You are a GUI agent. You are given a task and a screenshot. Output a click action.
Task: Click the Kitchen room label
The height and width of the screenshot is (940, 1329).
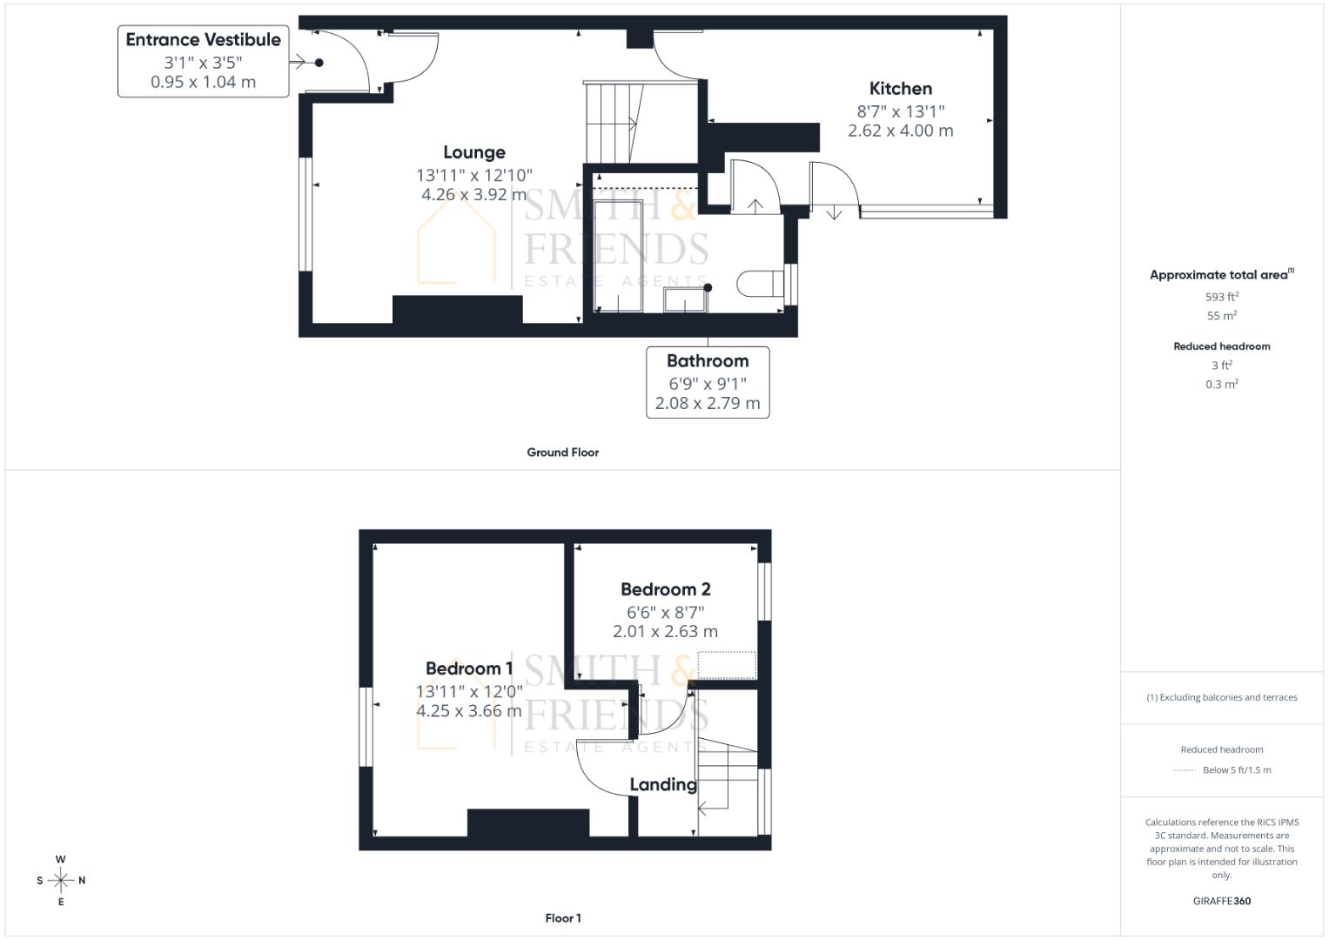[900, 89]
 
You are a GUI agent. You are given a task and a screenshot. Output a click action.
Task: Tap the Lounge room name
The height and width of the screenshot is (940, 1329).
[474, 152]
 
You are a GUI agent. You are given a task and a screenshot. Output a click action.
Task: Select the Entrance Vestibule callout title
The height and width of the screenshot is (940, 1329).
[203, 40]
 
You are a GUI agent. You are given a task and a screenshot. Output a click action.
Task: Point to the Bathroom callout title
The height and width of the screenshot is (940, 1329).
[708, 361]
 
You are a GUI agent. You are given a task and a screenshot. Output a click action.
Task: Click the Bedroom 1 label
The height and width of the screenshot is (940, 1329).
[469, 668]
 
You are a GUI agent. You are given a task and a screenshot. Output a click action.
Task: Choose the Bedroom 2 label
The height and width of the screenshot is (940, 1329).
[665, 589]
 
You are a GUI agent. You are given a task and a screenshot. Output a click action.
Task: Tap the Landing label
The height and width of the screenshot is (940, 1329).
[662, 784]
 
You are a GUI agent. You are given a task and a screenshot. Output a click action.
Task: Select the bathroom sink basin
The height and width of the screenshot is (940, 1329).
[686, 299]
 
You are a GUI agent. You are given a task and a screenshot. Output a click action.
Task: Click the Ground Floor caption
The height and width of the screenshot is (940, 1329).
[562, 453]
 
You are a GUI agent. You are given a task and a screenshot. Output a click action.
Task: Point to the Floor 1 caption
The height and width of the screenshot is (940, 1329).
[562, 918]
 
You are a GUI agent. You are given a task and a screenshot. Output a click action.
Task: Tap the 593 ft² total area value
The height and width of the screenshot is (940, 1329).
[1221, 296]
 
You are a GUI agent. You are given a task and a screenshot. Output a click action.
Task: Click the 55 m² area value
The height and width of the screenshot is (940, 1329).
[1221, 315]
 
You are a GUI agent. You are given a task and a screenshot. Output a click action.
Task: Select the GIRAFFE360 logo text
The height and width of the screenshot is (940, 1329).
[1221, 901]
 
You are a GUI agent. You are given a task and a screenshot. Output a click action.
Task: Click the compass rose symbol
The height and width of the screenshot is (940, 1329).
[61, 881]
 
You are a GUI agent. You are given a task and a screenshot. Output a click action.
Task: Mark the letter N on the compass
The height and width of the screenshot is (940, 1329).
[82, 881]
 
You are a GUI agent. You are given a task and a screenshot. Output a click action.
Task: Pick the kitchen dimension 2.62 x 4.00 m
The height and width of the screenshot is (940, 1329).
[900, 131]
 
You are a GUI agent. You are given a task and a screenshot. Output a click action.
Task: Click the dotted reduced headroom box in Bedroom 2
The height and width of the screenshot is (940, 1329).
[727, 665]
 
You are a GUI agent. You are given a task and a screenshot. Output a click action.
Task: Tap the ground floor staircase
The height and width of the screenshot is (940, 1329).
[614, 123]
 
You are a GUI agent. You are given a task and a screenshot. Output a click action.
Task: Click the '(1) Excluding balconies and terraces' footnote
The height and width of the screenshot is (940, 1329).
[1221, 697]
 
